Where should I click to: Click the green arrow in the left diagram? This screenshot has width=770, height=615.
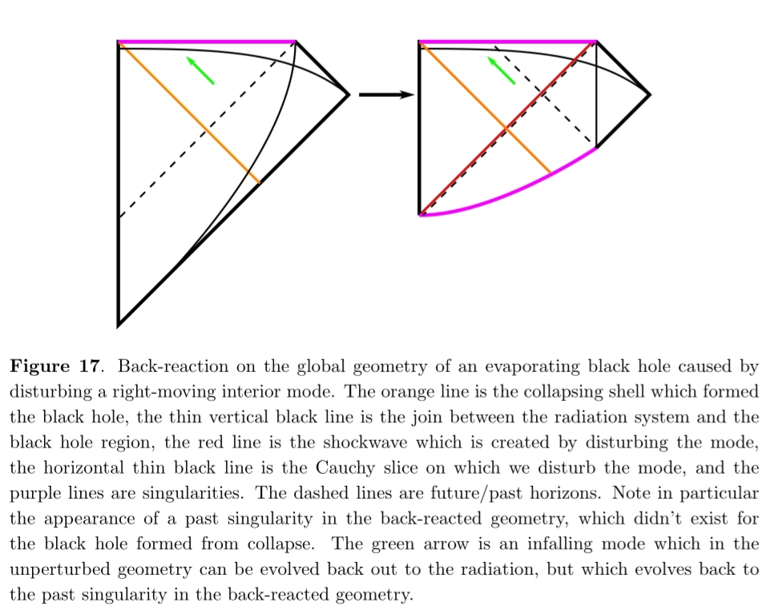pyautogui.click(x=200, y=71)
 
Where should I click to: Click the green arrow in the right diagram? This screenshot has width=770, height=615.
pyautogui.click(x=502, y=71)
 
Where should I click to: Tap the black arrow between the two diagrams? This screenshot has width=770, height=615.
pyautogui.click(x=385, y=95)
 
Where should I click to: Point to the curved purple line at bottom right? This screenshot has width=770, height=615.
pyautogui.click(x=513, y=192)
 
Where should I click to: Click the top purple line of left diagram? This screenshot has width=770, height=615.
pyautogui.click(x=207, y=41)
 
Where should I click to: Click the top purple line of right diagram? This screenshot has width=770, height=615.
pyautogui.click(x=508, y=41)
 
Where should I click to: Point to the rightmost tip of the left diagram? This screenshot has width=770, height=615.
pyautogui.click(x=349, y=95)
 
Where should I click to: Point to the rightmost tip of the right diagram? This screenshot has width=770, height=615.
pyautogui.click(x=649, y=95)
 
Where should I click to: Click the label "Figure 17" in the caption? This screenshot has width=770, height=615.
pyautogui.click(x=55, y=367)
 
